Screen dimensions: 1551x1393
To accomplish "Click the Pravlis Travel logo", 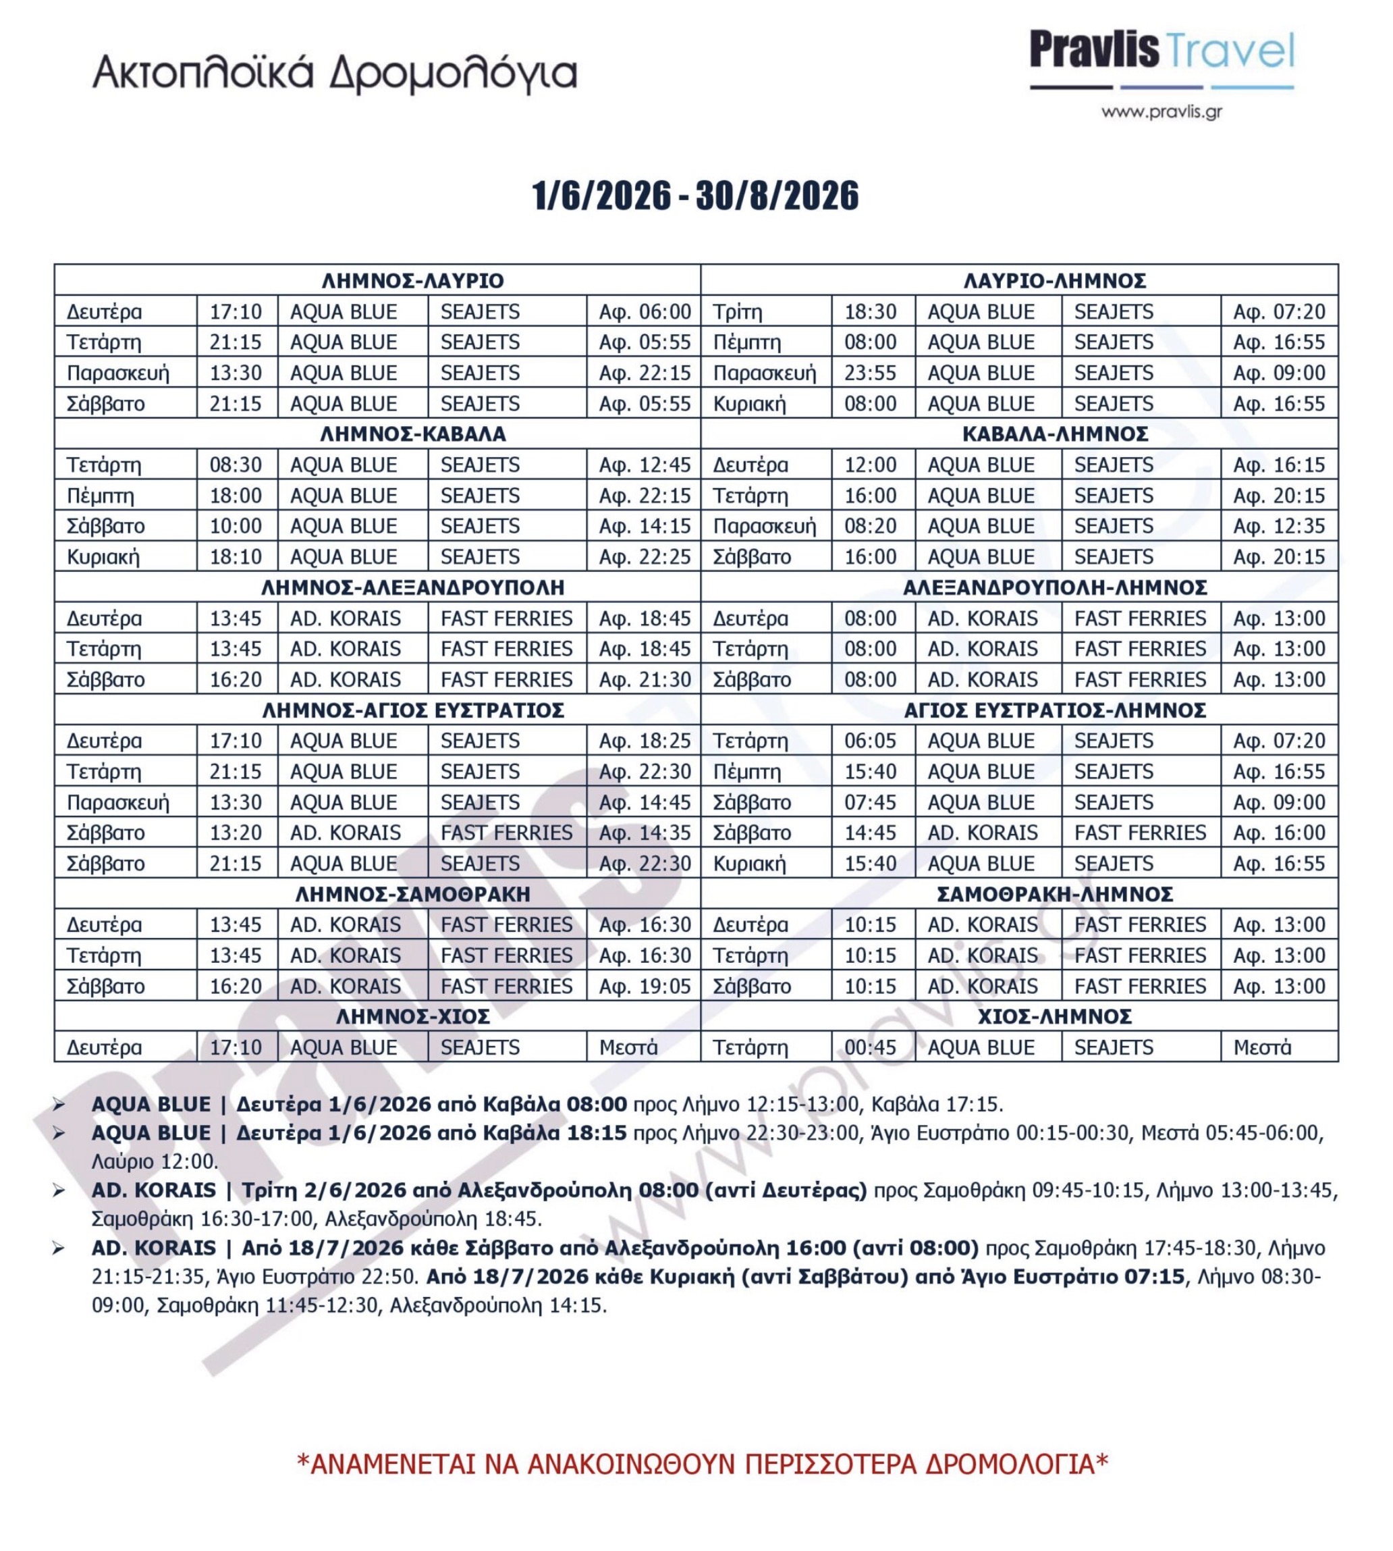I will (1161, 59).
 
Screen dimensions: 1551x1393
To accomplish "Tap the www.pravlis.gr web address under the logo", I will (1161, 113).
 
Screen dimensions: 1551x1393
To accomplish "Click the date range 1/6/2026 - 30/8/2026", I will (695, 196).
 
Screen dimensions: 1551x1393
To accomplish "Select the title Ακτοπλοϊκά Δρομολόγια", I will (335, 75).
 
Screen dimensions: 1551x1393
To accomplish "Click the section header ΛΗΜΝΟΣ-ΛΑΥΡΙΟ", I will (412, 281).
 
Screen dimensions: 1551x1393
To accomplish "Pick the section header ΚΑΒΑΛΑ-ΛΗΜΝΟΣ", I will (1055, 434).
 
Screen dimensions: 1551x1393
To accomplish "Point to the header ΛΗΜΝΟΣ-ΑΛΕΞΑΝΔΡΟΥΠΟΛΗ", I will (412, 587).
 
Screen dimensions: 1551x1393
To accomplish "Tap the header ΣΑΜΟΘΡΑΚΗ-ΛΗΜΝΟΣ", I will (1055, 894).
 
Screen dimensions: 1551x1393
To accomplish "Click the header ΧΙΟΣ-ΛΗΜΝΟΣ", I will (1055, 1017).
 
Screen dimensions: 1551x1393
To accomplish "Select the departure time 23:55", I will (870, 373).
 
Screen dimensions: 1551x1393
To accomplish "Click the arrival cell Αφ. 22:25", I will (645, 556).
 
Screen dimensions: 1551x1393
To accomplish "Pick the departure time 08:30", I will (236, 465).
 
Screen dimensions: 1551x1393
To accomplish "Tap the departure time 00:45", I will (870, 1047).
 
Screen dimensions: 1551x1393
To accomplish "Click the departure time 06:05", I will (870, 741).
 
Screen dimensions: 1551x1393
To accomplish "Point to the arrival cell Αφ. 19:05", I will (645, 986).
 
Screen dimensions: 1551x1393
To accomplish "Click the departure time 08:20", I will (870, 526).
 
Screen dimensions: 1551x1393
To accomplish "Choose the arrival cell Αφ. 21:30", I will (645, 679).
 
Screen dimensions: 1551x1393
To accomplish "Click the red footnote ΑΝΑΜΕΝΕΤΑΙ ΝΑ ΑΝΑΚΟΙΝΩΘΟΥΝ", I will (702, 1464).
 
